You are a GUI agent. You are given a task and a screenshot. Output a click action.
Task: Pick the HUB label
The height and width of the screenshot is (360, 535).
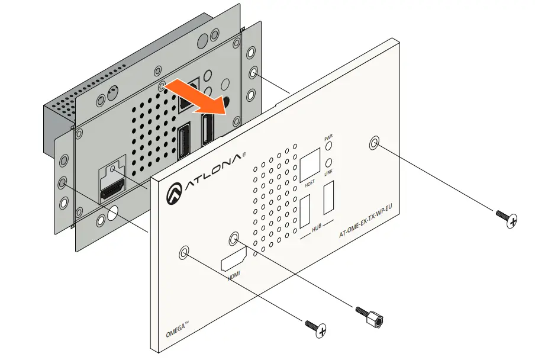(x=317, y=228)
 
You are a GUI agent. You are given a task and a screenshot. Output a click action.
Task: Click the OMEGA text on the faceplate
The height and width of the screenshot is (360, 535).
(x=176, y=328)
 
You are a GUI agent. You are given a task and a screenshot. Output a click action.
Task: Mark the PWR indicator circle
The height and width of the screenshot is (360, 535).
(x=329, y=147)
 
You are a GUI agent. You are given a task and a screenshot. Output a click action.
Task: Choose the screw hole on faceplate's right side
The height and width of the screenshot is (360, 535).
(x=374, y=144)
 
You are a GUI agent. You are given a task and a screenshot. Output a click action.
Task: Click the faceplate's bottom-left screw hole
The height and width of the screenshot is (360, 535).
(x=185, y=253)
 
